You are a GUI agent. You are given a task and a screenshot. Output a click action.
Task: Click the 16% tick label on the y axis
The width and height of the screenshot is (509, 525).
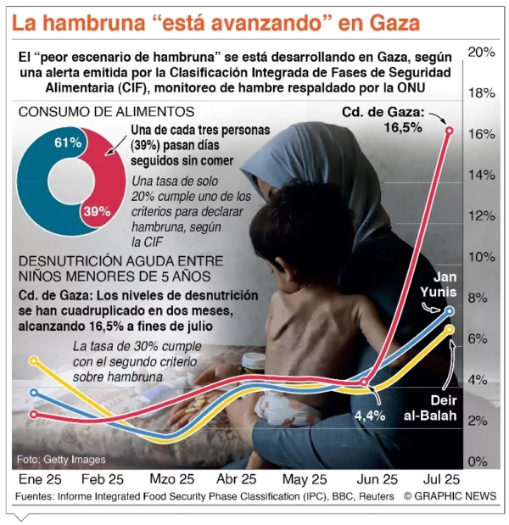[x=481, y=134]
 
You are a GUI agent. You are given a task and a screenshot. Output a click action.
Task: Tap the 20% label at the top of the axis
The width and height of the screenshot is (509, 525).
[x=481, y=53]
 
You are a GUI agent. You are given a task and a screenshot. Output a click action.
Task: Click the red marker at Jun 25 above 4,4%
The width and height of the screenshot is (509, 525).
[x=364, y=383]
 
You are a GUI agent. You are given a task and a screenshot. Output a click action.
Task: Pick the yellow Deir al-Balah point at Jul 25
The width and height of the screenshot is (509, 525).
[x=450, y=329]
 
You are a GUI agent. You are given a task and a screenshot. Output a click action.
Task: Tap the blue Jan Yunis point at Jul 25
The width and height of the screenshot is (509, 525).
[x=450, y=310]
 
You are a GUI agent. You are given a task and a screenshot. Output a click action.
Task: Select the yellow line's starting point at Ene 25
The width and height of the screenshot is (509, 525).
[x=34, y=360]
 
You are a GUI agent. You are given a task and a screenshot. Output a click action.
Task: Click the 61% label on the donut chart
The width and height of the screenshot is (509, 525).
[x=67, y=142]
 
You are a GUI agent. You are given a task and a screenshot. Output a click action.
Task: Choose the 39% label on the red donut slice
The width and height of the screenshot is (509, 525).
[x=95, y=210]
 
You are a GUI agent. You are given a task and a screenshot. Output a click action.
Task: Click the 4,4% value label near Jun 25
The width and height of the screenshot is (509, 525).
[x=370, y=415]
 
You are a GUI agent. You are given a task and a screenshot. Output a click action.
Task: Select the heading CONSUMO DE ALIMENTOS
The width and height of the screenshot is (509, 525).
[x=106, y=112]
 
